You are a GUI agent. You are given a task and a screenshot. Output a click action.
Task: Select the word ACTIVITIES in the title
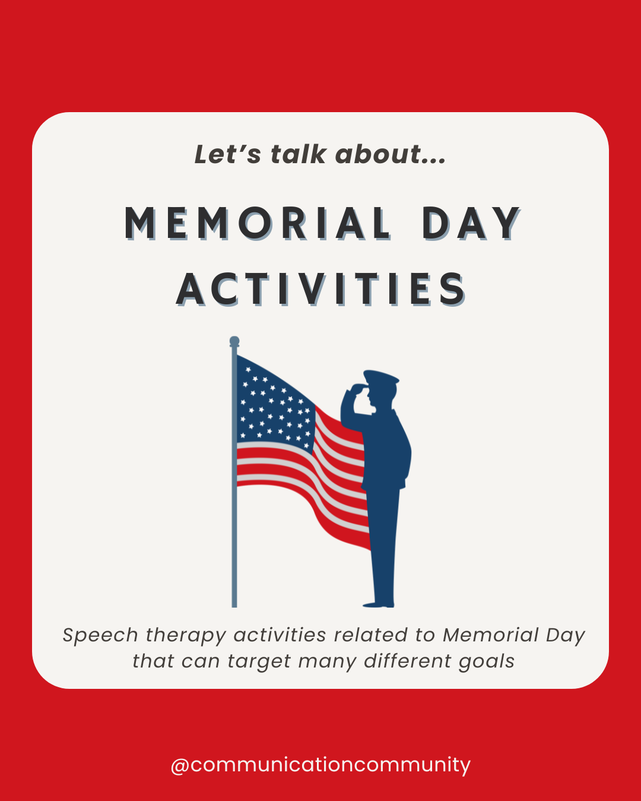[321, 290]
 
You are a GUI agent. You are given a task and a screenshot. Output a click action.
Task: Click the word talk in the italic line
[298, 154]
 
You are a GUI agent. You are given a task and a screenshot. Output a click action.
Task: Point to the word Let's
[227, 154]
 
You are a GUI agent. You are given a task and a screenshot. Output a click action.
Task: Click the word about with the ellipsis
[390, 154]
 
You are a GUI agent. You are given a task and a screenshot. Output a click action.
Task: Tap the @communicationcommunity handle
[320, 764]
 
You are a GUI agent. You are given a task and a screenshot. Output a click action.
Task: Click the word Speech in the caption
[100, 635]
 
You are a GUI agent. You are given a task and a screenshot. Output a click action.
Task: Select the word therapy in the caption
[186, 636]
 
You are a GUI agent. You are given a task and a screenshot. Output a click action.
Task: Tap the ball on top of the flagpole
[234, 341]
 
